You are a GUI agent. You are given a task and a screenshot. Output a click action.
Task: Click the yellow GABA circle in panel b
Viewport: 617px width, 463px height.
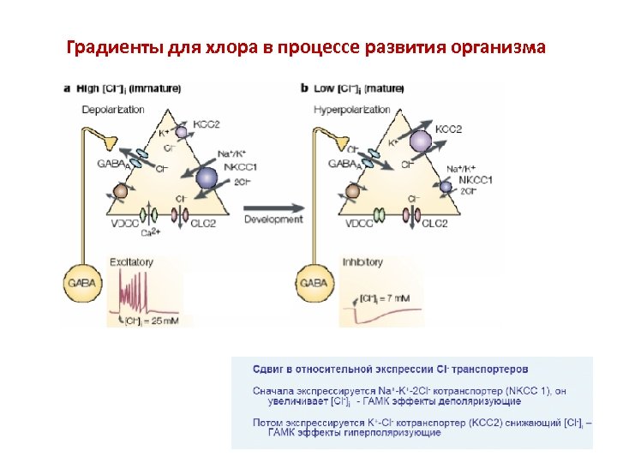pos(314,280)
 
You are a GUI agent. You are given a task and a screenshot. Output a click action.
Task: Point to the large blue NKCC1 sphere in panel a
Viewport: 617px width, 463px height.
pos(207,177)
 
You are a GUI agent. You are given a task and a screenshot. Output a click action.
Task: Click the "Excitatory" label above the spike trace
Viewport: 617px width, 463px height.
pos(131,262)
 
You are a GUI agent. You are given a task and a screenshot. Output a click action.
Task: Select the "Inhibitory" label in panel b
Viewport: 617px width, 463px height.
pos(362,262)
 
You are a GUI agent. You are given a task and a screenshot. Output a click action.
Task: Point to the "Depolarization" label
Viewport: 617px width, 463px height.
pos(113,109)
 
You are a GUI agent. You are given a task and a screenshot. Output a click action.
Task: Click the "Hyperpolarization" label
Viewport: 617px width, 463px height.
pos(351,109)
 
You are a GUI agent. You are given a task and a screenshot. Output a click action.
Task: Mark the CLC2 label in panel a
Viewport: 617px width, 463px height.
pos(203,223)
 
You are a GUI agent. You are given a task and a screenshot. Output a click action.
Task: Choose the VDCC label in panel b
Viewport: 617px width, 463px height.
pos(359,223)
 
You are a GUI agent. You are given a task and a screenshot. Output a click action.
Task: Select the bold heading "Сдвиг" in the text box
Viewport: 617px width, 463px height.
pos(269,370)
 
